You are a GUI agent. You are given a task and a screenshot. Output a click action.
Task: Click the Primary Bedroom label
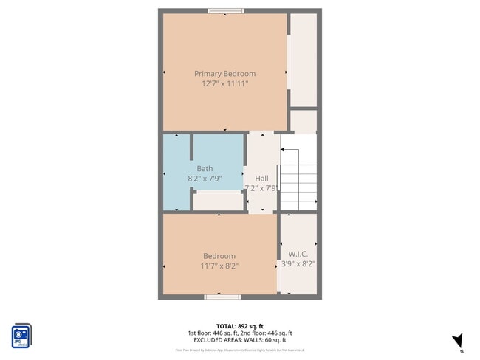point(224,73)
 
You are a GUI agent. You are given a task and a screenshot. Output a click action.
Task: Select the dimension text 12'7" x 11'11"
point(224,84)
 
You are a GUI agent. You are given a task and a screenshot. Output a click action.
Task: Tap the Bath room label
point(205,168)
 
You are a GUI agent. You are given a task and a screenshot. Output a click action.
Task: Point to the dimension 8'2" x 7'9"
point(205,179)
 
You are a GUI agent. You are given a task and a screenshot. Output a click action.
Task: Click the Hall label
point(261,178)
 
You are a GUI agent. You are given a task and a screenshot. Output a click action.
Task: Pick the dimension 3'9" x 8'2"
point(298,265)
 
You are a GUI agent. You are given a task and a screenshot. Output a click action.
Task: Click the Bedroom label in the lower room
point(219,255)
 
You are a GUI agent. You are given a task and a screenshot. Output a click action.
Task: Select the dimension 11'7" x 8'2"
point(219,266)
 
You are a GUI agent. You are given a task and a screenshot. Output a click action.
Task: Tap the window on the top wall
point(226,10)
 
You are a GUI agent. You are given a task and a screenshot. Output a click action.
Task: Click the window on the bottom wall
point(222,297)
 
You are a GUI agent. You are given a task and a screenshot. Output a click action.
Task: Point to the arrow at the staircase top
point(285,150)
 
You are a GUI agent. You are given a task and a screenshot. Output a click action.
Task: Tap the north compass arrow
point(457,340)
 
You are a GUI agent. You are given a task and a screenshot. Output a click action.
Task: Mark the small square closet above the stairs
point(303,120)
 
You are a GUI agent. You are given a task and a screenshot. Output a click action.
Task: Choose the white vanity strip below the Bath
point(218,201)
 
